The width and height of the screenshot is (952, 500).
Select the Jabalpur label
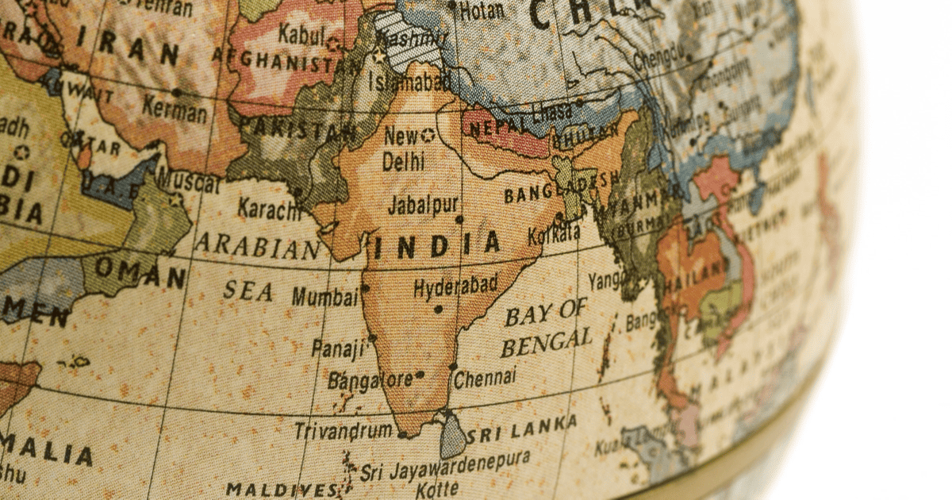click(x=422, y=205)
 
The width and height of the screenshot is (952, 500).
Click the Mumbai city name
click(x=324, y=298)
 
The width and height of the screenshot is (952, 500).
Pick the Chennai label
click(x=486, y=377)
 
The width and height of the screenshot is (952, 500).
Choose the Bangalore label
click(x=370, y=379)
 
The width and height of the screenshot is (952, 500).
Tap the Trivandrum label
click(x=343, y=431)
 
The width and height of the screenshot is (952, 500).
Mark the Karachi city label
click(x=269, y=208)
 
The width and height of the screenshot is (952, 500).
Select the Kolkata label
click(x=554, y=233)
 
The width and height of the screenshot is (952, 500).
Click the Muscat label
click(x=187, y=180)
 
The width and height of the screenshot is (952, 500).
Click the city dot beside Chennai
click(x=453, y=367)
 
